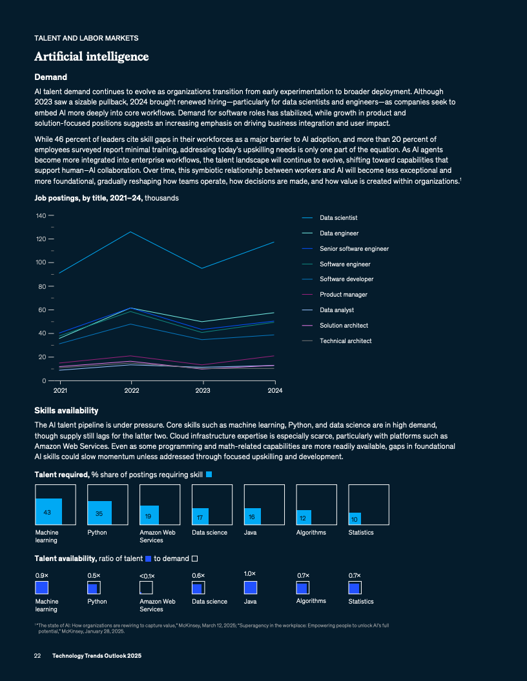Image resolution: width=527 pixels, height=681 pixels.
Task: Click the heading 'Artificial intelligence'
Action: (92, 57)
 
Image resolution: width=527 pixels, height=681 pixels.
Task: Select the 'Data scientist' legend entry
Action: (338, 218)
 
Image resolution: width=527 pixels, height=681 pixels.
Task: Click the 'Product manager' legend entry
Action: (344, 295)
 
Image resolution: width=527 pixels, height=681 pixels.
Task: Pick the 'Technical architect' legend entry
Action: (346, 340)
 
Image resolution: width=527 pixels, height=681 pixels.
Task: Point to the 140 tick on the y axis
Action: (41, 215)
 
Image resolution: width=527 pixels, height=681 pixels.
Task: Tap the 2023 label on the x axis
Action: (203, 390)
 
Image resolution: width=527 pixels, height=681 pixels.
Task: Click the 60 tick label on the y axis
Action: (41, 310)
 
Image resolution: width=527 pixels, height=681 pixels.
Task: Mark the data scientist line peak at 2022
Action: (132, 232)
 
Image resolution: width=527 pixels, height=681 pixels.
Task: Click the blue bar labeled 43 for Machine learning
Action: (48, 511)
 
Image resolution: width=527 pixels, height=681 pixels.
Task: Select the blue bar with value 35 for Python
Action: (99, 513)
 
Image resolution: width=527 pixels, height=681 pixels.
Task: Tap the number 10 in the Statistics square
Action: (355, 518)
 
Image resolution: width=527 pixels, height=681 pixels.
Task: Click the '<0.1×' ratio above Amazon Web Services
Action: (147, 576)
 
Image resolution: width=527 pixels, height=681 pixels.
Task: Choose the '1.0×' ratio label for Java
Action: (250, 573)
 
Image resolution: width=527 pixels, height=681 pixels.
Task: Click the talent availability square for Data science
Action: (198, 587)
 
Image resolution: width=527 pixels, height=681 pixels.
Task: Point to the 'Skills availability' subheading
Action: (66, 410)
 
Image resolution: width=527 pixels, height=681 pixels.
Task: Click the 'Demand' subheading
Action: (50, 77)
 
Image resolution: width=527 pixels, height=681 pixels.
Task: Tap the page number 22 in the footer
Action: (37, 655)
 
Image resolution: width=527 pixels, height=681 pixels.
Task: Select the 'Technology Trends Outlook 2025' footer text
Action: (97, 655)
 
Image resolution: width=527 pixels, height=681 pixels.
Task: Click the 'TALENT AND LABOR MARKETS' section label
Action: (86, 38)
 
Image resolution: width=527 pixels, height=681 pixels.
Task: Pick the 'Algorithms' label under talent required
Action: (311, 532)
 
